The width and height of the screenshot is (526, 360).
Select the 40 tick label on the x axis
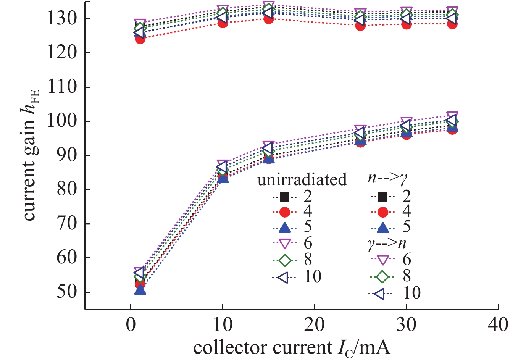point(498,324)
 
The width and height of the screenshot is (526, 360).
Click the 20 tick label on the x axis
point(314,324)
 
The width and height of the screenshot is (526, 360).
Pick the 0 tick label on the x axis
point(131,324)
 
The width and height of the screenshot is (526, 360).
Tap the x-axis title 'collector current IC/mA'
point(292,348)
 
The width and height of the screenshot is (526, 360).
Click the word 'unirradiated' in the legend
point(302,179)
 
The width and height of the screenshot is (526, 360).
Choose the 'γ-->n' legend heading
point(387,243)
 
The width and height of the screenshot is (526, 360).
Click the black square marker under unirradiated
point(284,197)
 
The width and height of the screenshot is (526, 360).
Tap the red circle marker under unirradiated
point(284,212)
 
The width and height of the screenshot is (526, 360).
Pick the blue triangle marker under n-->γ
point(383,228)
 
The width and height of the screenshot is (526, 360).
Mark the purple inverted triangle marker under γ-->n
point(383,260)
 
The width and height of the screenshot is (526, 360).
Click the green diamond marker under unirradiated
point(284,260)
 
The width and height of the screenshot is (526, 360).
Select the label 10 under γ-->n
point(412,293)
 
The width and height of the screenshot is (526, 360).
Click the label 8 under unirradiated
point(308,260)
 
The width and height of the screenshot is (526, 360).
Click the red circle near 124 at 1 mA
point(140,39)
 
